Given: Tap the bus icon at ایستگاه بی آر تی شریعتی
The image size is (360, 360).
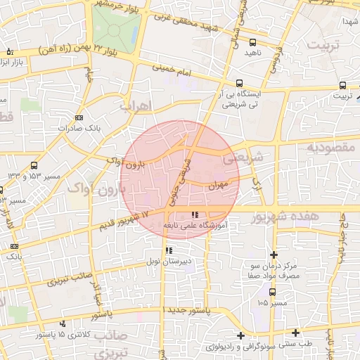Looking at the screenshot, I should tap(240, 82).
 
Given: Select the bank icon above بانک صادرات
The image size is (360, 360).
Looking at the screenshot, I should tap(79, 117).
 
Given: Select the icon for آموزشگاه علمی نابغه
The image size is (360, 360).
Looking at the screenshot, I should tap(195, 214).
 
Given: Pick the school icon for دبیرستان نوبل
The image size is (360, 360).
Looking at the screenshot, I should tap(169, 250).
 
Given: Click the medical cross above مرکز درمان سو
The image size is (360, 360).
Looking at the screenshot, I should tap(274, 255).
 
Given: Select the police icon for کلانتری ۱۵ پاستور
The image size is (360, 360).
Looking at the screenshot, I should tap(64, 323).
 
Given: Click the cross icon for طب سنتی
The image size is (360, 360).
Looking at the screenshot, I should tap(295, 333).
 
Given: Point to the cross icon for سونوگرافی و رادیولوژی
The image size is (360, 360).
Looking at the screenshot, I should tap(241, 335).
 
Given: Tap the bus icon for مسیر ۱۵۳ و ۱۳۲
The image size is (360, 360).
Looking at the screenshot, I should tap(34, 165).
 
